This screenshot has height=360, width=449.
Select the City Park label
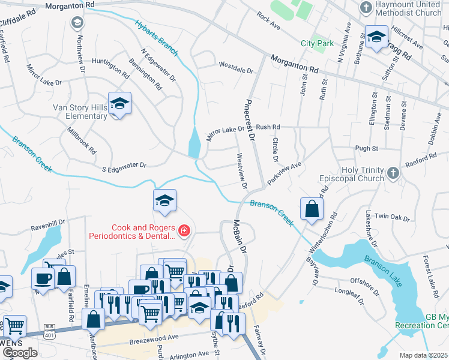click(x=316, y=43)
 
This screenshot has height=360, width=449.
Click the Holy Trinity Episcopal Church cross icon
click(x=393, y=173)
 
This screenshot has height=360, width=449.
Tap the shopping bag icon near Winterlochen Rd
click(x=312, y=209)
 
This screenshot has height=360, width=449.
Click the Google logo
click(x=20, y=353)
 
